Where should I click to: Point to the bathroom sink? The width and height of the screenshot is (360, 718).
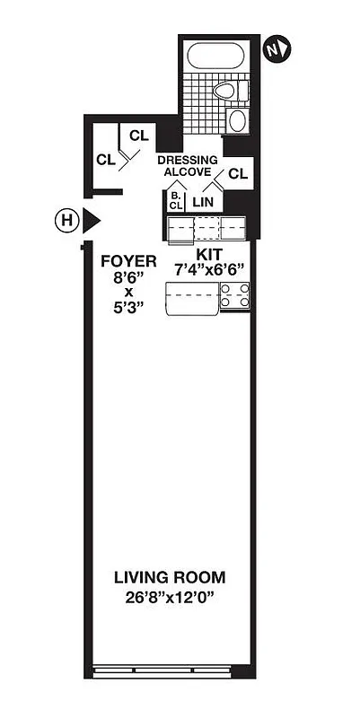tap(237, 121)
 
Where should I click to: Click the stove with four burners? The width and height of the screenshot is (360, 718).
tap(235, 295)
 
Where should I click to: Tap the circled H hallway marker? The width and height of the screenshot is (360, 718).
tap(65, 218)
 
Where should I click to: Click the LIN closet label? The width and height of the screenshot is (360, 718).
tap(204, 203)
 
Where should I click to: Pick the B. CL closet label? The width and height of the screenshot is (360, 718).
tap(175, 200)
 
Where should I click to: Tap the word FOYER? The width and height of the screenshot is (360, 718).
tap(129, 262)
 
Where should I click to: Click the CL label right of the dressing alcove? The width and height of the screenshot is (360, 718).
tap(238, 173)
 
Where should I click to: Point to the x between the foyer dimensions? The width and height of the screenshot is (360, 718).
tap(129, 293)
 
